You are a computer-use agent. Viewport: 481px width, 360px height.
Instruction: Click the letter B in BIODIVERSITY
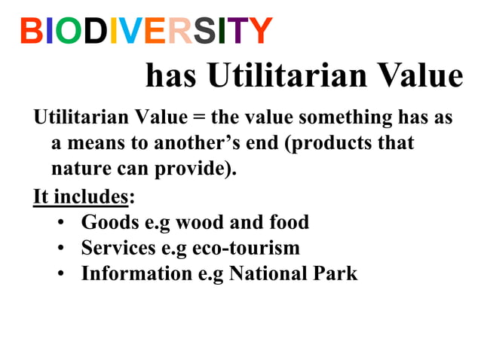coord(31,32)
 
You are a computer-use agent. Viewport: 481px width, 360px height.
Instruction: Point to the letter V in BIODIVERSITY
coord(133,32)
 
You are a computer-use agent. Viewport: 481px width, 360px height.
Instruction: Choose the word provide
coord(201,168)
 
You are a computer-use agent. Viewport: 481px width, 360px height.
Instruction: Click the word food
coord(287,222)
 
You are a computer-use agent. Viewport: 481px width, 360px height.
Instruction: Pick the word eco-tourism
coord(247,248)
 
